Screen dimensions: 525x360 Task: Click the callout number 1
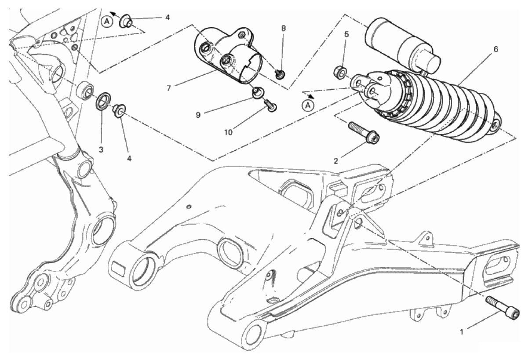point(462,332)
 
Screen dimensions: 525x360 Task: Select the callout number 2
point(335,160)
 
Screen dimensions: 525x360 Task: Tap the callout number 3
point(101,150)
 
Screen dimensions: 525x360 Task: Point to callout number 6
point(495,49)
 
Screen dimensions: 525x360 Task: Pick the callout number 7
point(168,88)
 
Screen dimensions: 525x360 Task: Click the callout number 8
point(284,28)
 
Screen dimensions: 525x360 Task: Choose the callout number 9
point(199,115)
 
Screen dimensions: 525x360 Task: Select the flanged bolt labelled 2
point(363,133)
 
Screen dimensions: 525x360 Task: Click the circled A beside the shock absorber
point(309,105)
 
